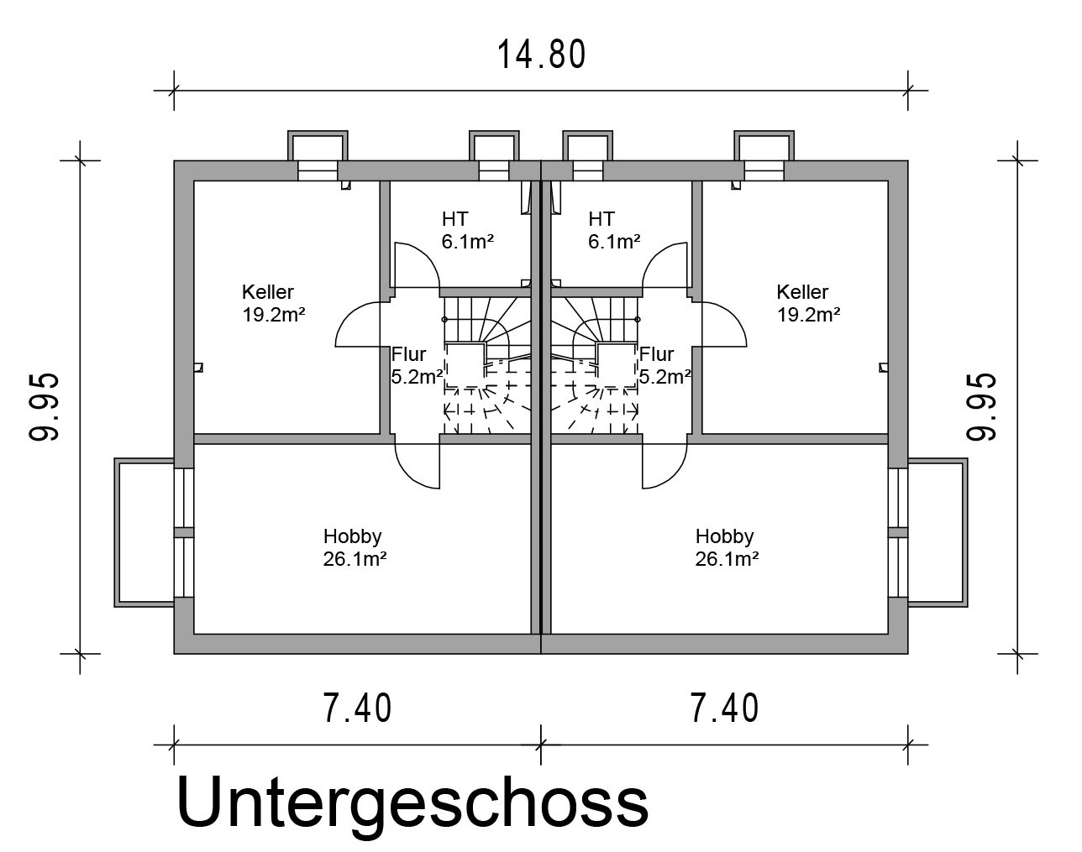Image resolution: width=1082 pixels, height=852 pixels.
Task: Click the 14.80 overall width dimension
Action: point(542,55)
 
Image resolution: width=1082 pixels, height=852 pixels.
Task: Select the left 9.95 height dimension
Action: point(45,407)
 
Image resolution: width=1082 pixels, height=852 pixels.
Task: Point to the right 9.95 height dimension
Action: point(981,407)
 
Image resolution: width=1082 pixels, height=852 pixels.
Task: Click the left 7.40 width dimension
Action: point(357,708)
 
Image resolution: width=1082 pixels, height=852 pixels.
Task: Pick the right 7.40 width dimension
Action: point(724,708)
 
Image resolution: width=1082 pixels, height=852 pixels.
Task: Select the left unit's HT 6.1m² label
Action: point(468,231)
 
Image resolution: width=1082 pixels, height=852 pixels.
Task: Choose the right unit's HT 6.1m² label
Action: point(614,231)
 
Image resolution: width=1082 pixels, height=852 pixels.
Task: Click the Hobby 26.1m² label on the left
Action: point(355,547)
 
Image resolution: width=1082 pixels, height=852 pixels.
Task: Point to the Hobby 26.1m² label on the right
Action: point(727,547)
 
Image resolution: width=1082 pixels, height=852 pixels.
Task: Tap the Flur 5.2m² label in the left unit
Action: point(417,366)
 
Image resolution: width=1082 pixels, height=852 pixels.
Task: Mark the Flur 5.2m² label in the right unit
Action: point(664,366)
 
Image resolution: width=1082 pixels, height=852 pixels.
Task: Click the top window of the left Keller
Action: point(318,170)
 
